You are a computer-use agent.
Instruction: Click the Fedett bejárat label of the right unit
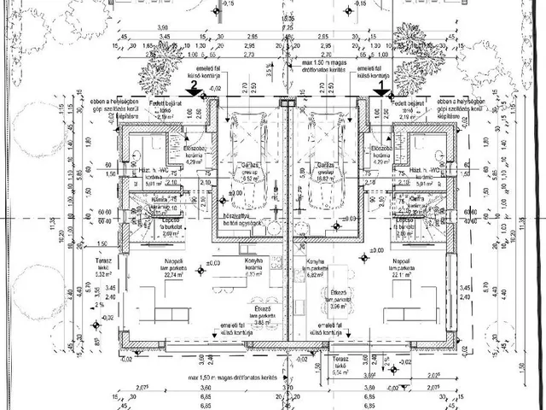409,103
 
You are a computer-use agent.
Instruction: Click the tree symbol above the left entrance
157,79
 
